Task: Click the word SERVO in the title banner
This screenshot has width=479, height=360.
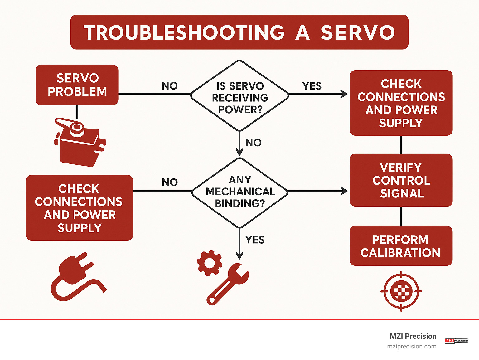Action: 358,32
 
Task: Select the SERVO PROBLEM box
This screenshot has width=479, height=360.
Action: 77,85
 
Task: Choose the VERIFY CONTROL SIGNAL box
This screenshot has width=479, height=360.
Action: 401,180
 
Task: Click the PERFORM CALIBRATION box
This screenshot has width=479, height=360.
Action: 401,246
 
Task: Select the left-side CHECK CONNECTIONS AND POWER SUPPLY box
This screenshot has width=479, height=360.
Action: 80,208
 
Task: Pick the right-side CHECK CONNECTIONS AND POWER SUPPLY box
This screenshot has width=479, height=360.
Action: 401,103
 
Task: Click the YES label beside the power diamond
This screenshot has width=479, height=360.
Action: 312,86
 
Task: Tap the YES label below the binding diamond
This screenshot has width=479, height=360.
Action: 255,240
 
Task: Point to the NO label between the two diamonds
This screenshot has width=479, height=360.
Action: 253,143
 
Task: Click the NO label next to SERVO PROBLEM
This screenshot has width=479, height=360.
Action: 170,86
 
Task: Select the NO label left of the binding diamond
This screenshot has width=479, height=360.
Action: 170,182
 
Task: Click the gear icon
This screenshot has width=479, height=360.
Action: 210,263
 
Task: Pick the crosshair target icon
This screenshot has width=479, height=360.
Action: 401,291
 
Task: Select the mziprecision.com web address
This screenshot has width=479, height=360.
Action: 412,347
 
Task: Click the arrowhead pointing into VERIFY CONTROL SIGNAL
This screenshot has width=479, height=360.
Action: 344,191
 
